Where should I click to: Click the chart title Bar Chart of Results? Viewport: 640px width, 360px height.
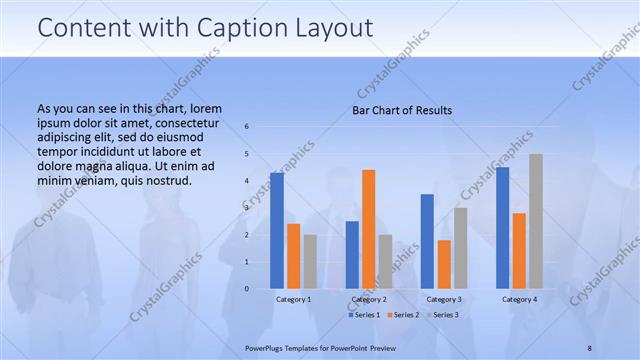pos(402,110)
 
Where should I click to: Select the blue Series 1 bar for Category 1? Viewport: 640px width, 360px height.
pos(277,230)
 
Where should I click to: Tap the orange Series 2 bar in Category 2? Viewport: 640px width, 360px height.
pos(369,229)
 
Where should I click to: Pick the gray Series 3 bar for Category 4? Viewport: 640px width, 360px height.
pos(536,221)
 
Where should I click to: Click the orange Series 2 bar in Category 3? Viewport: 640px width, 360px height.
pos(444,264)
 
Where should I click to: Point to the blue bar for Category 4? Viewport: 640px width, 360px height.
pos(502,228)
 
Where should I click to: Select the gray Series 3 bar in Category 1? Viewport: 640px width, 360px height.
pos(310,261)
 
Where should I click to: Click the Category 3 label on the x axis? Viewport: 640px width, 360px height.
pos(444,299)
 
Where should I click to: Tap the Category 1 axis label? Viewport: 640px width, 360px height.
pos(293,299)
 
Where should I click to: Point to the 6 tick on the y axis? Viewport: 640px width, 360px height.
pos(247,127)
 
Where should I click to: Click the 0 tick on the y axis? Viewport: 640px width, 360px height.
pos(247,289)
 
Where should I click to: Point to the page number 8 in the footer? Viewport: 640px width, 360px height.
pos(590,347)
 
